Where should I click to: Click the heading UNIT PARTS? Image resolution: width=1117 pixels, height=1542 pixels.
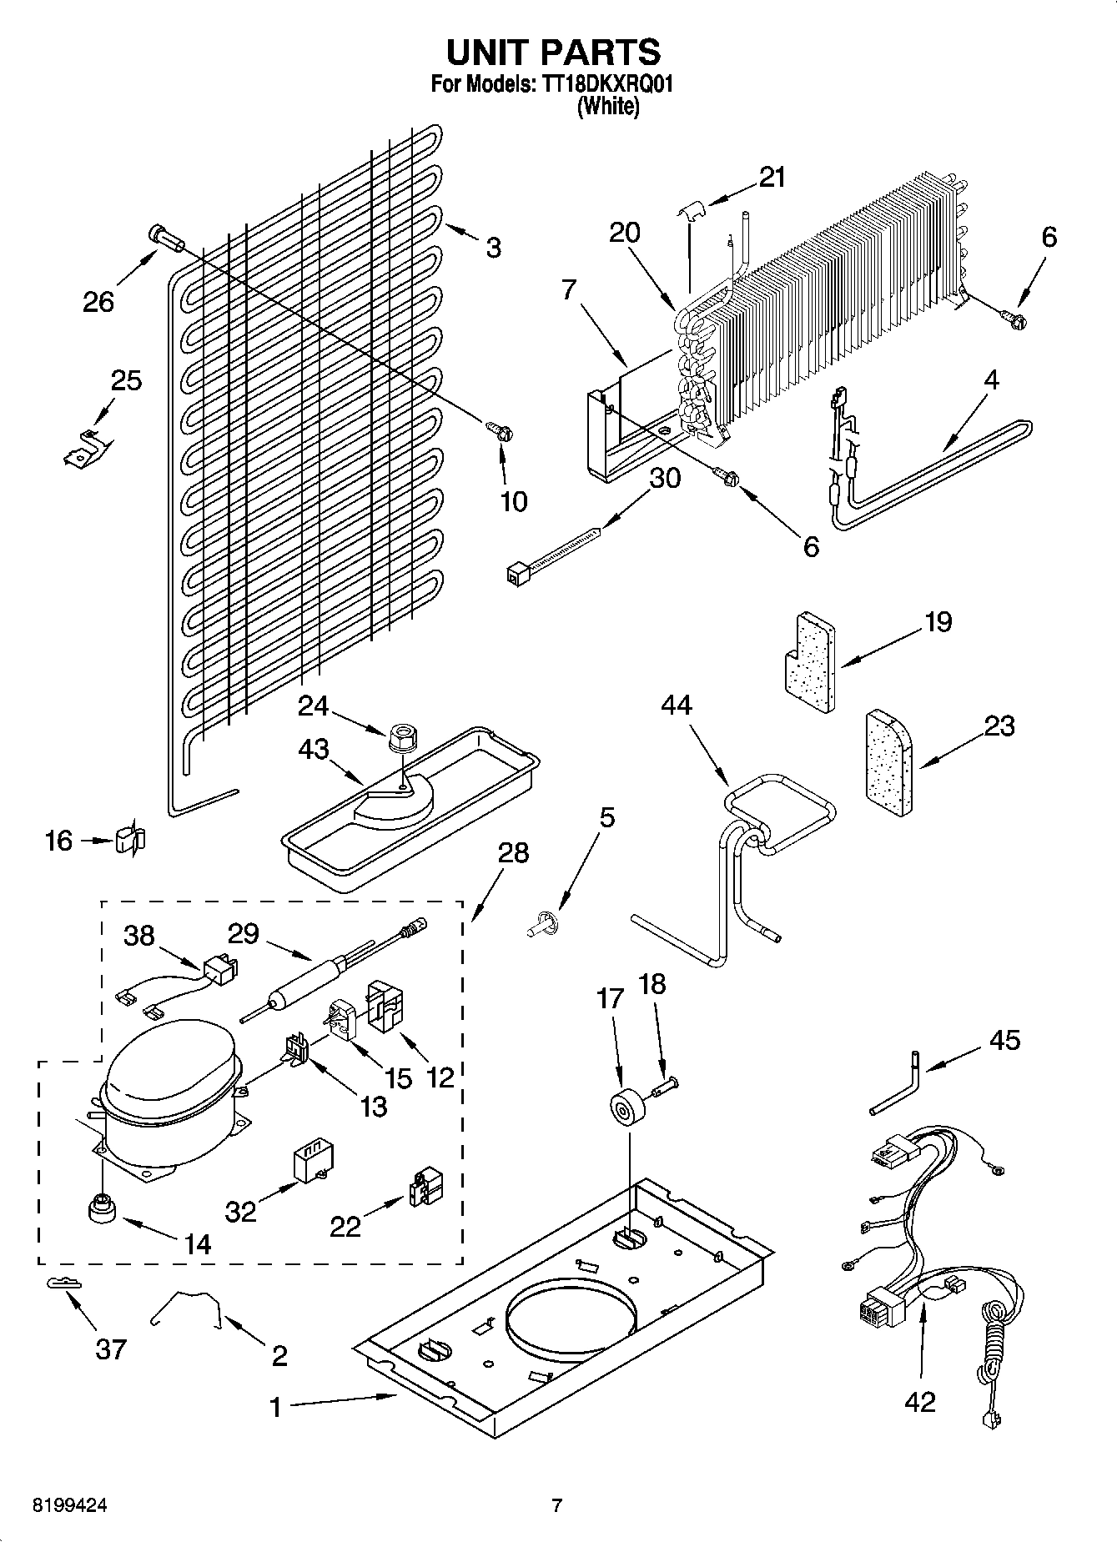pos(553,52)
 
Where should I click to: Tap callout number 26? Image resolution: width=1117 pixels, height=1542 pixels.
pos(98,301)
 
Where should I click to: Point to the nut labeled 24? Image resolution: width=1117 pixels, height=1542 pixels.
pos(403,737)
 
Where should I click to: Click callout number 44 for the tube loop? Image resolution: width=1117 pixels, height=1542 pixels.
pos(676,706)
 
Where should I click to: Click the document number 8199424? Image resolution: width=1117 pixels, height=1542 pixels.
pos(70,1506)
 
